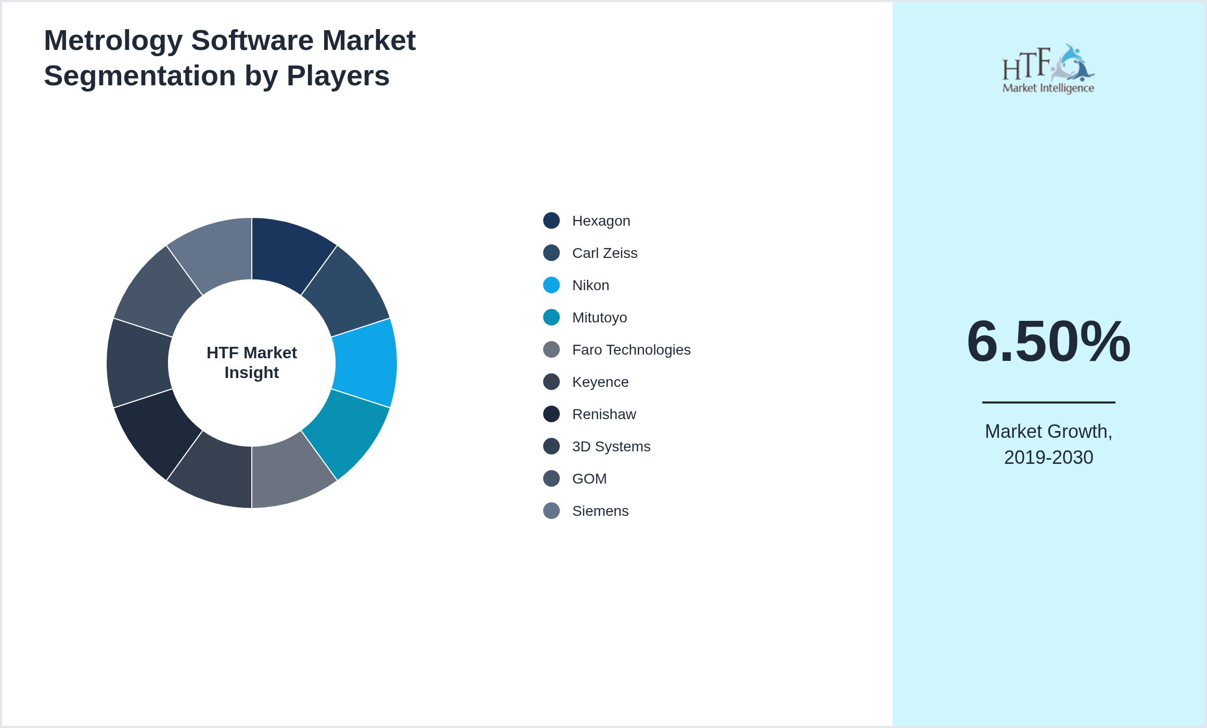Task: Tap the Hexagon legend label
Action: (x=601, y=221)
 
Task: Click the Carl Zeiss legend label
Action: (x=605, y=253)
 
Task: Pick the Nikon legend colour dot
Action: (x=551, y=285)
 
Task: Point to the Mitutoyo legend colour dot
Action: (x=551, y=317)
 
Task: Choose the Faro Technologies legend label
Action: (x=631, y=350)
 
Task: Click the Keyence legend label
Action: (x=600, y=382)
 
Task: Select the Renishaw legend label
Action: (x=604, y=414)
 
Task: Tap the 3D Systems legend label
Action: (x=611, y=447)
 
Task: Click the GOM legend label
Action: (x=589, y=479)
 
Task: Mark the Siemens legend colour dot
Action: (x=551, y=511)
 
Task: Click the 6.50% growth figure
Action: (x=1048, y=342)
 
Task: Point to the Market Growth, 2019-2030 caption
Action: (x=1048, y=445)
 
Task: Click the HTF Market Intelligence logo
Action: (x=1048, y=69)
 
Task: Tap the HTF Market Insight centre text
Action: (x=252, y=362)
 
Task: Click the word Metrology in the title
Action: (x=113, y=41)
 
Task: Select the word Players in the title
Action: (x=338, y=76)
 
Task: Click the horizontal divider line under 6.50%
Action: (x=1048, y=402)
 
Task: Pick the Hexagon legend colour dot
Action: (x=551, y=220)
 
